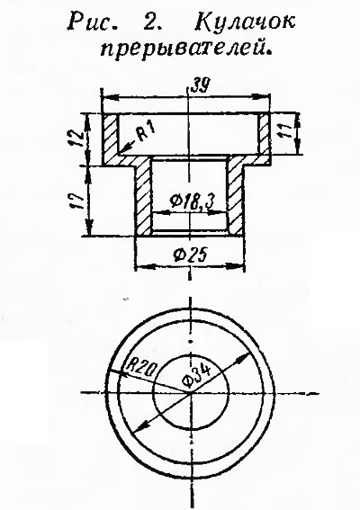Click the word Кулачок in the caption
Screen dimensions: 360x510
click(245, 22)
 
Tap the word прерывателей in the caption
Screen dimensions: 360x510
click(186, 49)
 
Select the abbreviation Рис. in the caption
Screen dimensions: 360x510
click(93, 22)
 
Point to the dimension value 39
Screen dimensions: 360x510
click(200, 85)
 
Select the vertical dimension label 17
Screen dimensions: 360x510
click(76, 201)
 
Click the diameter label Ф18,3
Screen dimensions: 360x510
click(192, 203)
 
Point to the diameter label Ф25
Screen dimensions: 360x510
click(190, 255)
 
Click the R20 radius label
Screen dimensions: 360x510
click(142, 368)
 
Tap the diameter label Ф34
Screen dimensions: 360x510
click(196, 375)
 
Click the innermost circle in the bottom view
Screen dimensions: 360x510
click(153, 394)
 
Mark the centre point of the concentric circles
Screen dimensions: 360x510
click(191, 393)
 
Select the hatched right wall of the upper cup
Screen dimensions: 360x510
click(264, 134)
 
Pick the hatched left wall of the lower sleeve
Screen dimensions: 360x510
click(143, 198)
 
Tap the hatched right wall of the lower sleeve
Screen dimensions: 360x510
click(235, 198)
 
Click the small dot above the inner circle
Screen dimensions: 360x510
click(191, 341)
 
